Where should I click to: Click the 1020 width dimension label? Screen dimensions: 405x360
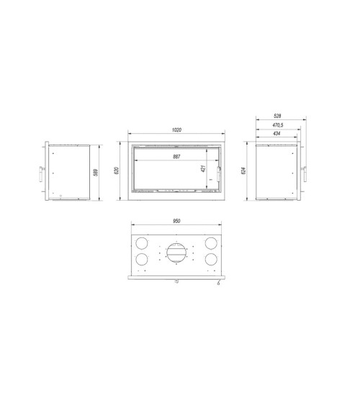pyautogui.click(x=176, y=130)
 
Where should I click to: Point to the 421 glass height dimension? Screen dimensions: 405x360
pyautogui.click(x=204, y=170)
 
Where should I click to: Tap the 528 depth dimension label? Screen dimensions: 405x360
pyautogui.click(x=278, y=114)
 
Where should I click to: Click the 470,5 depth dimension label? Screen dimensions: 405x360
pyautogui.click(x=278, y=124)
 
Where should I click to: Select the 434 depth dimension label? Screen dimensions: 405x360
pyautogui.click(x=278, y=134)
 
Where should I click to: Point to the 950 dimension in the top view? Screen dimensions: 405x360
pyautogui.click(x=176, y=221)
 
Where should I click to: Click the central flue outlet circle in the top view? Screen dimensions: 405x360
pyautogui.click(x=176, y=251)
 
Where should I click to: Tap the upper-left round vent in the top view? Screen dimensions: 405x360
pyautogui.click(x=143, y=242)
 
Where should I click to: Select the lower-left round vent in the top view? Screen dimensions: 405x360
pyautogui.click(x=143, y=259)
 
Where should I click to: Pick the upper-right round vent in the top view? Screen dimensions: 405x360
pyautogui.click(x=212, y=242)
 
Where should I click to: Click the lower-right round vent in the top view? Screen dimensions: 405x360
pyautogui.click(x=212, y=259)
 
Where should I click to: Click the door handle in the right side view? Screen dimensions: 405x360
pyautogui.click(x=304, y=173)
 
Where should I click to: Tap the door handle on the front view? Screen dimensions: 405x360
pyautogui.click(x=221, y=173)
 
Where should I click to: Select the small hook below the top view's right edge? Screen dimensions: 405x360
pyautogui.click(x=217, y=283)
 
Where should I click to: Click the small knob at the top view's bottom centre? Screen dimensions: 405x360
pyautogui.click(x=176, y=281)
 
